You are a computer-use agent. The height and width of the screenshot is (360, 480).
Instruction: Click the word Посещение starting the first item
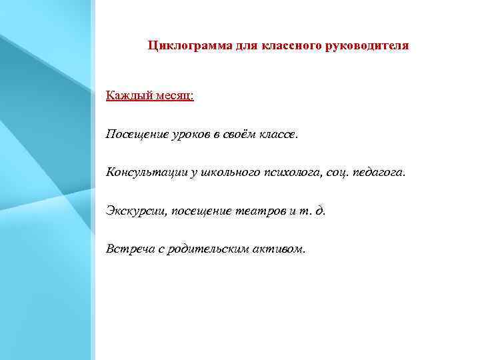point(134,135)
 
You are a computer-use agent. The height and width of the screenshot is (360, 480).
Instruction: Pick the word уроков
point(188,135)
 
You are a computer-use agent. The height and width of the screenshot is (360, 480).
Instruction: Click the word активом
point(280,249)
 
